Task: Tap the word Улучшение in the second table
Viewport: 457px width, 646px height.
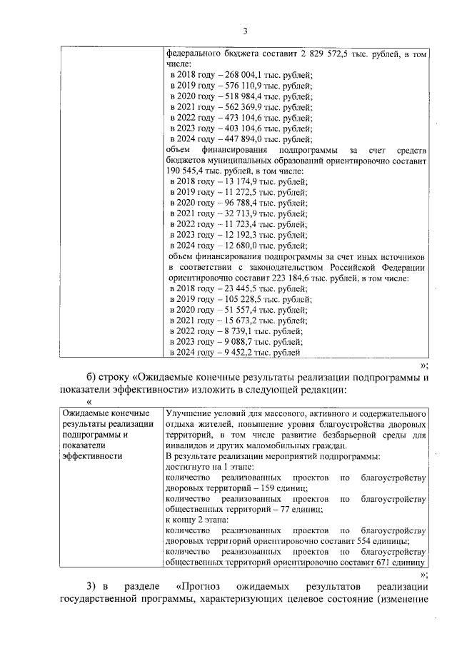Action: point(187,413)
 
